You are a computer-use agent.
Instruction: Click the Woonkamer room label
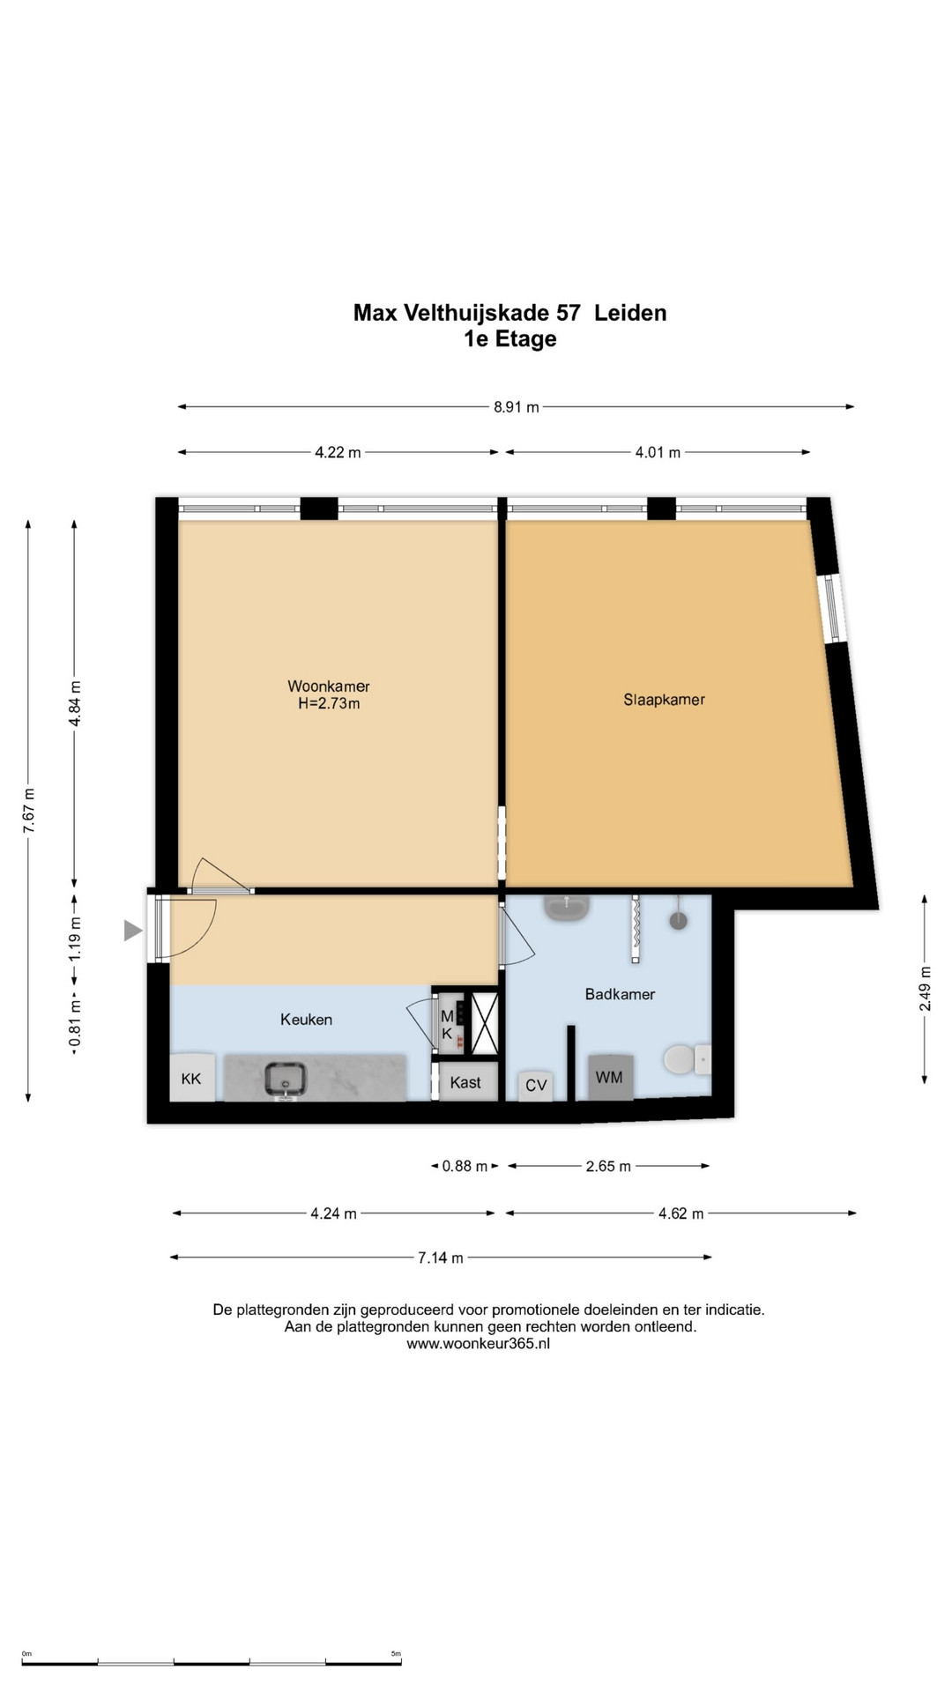(329, 686)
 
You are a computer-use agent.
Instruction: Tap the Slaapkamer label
(664, 700)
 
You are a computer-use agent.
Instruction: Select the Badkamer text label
(620, 994)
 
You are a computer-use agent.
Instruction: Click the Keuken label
(306, 1020)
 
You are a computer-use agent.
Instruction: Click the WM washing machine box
(610, 1076)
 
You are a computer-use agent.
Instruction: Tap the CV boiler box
(536, 1085)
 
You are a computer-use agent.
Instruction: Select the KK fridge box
(191, 1078)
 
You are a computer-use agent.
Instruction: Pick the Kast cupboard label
(465, 1082)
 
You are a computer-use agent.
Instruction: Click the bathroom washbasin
(567, 908)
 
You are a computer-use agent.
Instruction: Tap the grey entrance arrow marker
(132, 930)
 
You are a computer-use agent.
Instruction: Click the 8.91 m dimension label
(517, 407)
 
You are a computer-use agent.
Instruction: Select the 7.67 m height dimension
(29, 810)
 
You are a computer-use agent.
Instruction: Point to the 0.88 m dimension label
(465, 1166)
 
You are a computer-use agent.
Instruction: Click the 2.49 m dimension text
(925, 989)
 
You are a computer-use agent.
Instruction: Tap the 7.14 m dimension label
(440, 1258)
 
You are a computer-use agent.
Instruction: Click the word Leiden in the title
(630, 313)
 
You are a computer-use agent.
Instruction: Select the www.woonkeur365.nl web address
(478, 1344)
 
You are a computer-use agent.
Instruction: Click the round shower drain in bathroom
(678, 921)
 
